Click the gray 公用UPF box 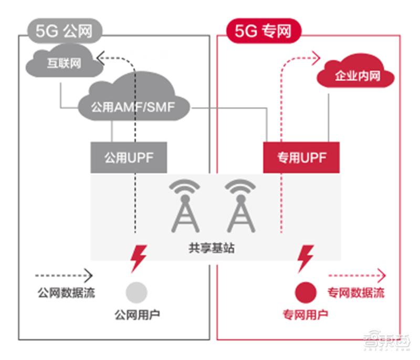point(129,157)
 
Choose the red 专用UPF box point(301,157)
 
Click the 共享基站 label point(212,248)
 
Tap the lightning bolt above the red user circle point(306,258)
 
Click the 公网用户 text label point(137,315)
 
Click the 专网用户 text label point(305,315)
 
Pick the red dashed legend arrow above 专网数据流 point(357,275)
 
